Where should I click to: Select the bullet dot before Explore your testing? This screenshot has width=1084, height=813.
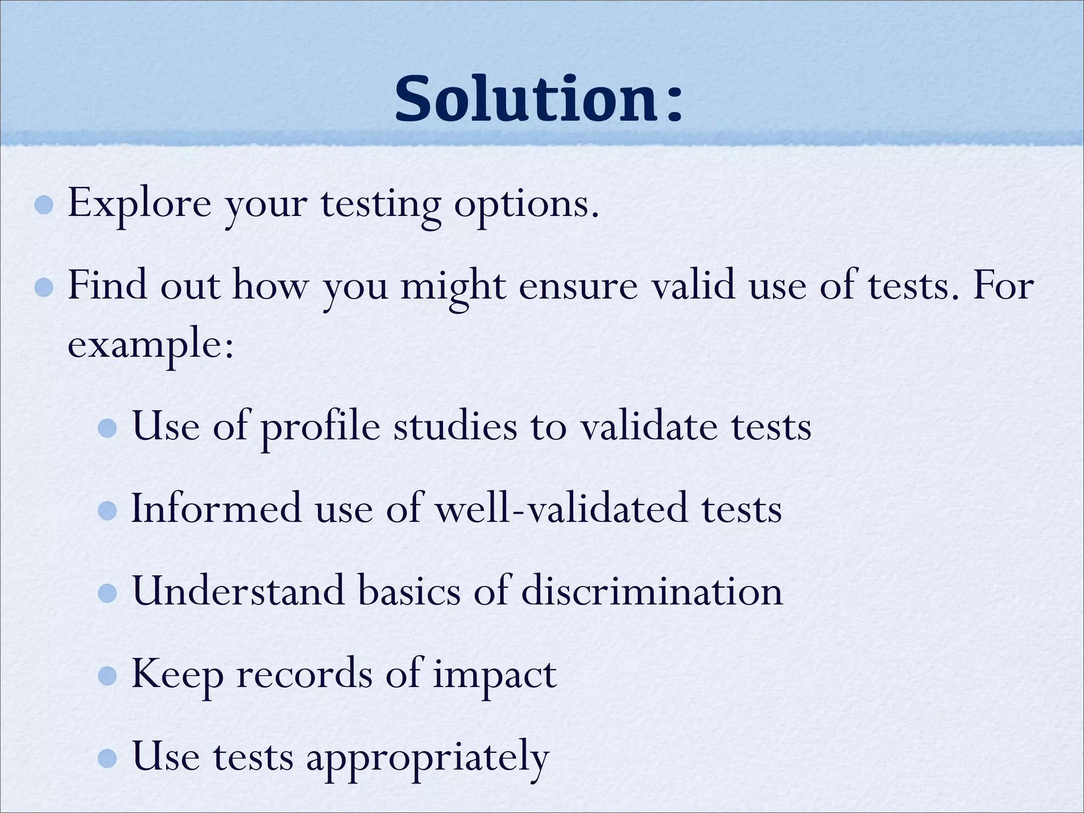[x=44, y=205]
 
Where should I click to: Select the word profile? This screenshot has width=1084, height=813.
[x=320, y=428]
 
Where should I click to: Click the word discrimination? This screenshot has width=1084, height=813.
[x=652, y=591]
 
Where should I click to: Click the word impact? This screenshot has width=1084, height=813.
[x=494, y=676]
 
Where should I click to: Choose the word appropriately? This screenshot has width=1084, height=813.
[x=427, y=758]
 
